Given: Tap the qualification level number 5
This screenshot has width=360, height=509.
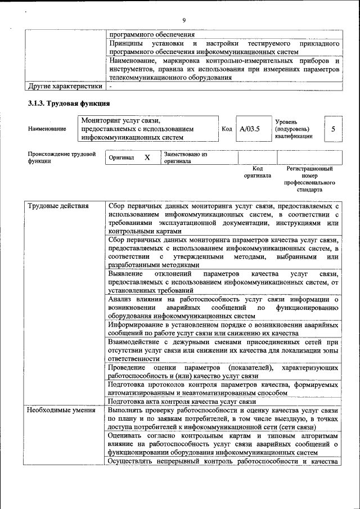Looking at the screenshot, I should pos(333,129).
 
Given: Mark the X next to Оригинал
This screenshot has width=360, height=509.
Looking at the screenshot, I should pos(147,158).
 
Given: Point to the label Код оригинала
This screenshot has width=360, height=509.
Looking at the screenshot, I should pos(257,172).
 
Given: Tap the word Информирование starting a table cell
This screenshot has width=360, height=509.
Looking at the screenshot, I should pos(135,325).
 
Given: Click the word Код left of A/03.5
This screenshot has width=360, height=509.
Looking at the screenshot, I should pos(227,129).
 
